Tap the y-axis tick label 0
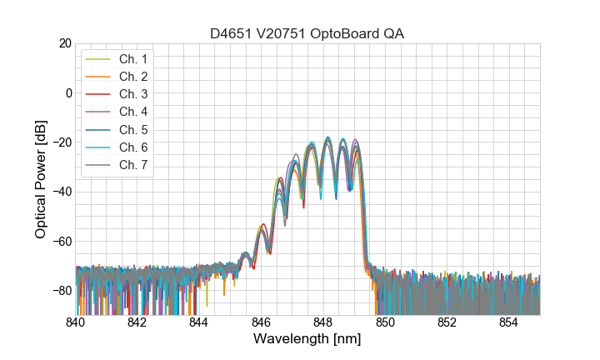click(68, 92)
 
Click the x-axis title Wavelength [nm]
click(307, 340)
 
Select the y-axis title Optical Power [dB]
click(40, 179)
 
